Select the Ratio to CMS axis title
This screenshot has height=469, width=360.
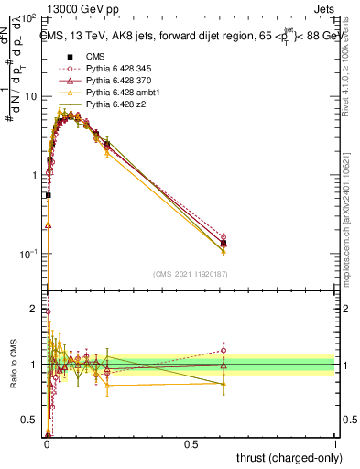click(x=13, y=364)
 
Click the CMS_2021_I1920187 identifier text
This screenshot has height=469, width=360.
click(x=191, y=274)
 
